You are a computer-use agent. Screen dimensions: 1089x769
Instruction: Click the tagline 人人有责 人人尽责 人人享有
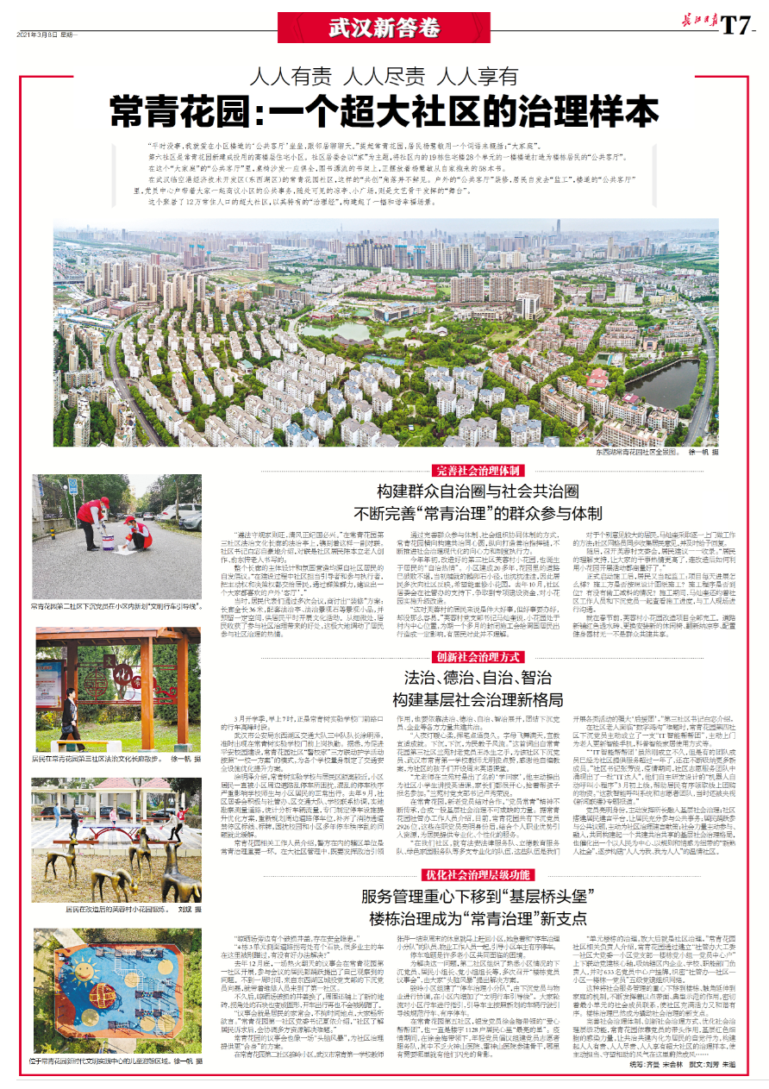[x=384, y=75]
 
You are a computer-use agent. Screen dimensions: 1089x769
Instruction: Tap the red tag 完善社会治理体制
[x=477, y=471]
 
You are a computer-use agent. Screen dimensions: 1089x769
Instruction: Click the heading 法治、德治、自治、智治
[x=477, y=678]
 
